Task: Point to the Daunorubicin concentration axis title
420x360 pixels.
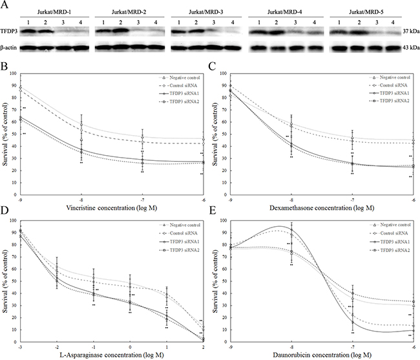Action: pos(322,354)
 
